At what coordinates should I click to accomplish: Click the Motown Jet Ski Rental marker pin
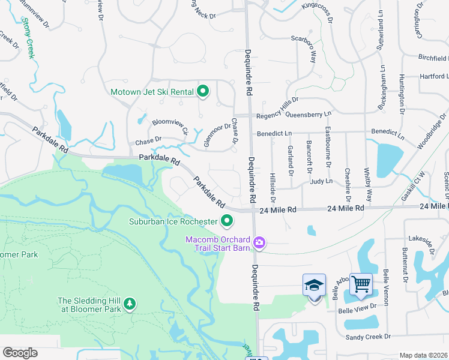coord(203,92)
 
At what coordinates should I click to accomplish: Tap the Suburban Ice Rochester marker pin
coord(227,221)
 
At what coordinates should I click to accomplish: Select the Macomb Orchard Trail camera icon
coord(259,242)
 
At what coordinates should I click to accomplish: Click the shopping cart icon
coord(361,284)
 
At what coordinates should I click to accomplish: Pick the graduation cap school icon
coord(315,285)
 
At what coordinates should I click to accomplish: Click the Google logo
coord(20,353)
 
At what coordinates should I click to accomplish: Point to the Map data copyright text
coord(424,355)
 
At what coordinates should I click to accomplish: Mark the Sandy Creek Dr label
coord(368,337)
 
